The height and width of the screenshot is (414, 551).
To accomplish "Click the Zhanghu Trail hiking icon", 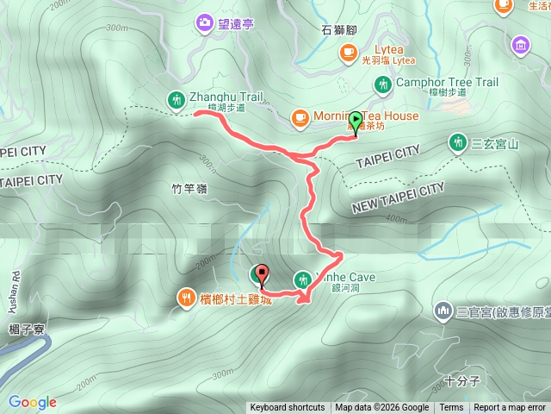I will (x=176, y=99).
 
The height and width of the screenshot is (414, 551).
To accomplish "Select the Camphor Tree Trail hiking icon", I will (x=382, y=85).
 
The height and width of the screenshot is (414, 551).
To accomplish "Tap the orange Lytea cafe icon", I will (x=348, y=53).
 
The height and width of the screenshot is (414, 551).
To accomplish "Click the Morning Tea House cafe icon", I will (x=300, y=116).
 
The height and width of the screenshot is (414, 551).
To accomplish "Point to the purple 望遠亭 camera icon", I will (x=205, y=22).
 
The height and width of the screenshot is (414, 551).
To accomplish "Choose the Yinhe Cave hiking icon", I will (x=302, y=279).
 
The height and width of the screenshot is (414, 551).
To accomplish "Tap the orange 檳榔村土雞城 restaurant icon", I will (x=187, y=298).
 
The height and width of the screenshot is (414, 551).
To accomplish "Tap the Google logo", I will (x=33, y=402).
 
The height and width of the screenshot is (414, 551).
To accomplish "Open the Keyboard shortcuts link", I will (x=288, y=408).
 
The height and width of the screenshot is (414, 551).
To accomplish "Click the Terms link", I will (x=451, y=408).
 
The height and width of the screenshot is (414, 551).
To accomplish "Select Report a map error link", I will (x=511, y=408).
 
